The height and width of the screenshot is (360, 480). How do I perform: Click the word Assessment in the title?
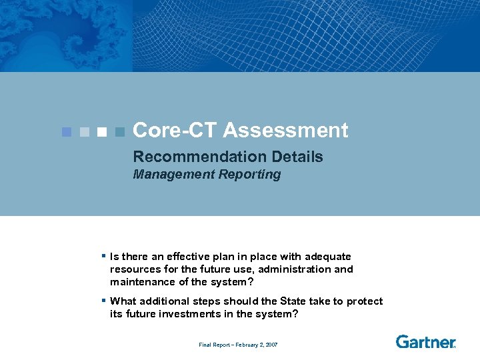point(285,130)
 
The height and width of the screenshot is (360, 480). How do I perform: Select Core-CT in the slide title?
point(175,130)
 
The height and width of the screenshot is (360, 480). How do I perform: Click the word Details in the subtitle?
point(297,157)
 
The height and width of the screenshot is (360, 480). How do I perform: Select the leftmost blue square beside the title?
point(65,132)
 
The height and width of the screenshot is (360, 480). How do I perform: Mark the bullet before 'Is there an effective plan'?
point(104,256)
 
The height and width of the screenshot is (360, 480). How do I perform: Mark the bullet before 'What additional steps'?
point(104,301)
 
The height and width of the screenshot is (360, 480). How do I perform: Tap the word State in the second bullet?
point(295,301)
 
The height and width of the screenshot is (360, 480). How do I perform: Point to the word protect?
point(365,301)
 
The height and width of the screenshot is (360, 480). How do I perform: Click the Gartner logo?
point(425,342)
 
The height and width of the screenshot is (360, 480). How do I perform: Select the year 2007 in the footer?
point(271,345)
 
